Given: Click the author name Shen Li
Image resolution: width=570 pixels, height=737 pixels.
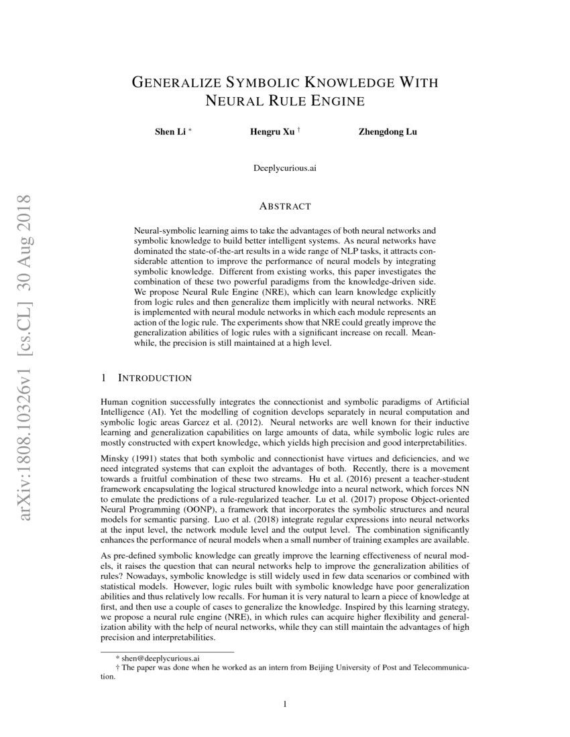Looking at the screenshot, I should (170, 131).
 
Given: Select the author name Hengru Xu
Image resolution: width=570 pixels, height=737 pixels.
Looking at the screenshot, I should (272, 131).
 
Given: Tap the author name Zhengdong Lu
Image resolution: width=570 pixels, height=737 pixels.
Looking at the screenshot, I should (388, 131).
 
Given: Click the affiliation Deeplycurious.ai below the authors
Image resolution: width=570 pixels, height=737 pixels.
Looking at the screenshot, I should (285, 168).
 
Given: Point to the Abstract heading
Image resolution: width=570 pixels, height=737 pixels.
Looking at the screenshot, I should (285, 206).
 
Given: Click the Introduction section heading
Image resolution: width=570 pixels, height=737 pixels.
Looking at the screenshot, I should (154, 379).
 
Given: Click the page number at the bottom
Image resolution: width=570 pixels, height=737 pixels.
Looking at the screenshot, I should (285, 704).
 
